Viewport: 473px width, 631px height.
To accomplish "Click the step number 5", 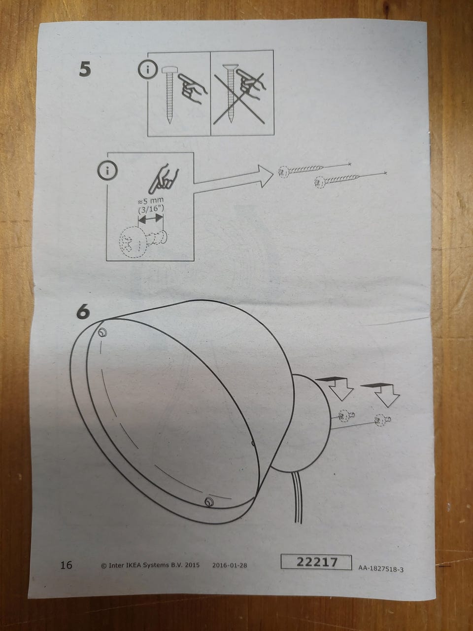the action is [85, 70].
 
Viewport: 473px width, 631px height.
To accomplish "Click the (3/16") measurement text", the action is [151, 209].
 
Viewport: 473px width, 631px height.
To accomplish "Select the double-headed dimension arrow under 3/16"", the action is [150, 219].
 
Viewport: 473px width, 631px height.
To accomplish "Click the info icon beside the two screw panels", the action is [148, 70].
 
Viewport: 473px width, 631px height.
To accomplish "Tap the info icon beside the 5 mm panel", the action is [107, 171].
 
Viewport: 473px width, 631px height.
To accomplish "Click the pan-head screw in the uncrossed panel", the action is [169, 95].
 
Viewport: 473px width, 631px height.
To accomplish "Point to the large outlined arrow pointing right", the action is [233, 178].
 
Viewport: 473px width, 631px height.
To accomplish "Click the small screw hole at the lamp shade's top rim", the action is [102, 333].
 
